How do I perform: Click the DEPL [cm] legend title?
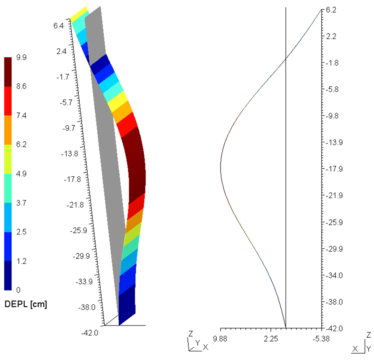25,305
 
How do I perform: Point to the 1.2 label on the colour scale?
21,261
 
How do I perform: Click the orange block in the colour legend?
8,130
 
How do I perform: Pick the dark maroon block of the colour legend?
8,72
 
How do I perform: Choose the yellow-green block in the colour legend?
8,159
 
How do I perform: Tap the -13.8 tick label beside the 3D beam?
70,154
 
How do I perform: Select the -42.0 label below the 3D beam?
91,333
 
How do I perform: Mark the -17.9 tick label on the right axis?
333,169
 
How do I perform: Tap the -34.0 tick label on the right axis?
333,275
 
